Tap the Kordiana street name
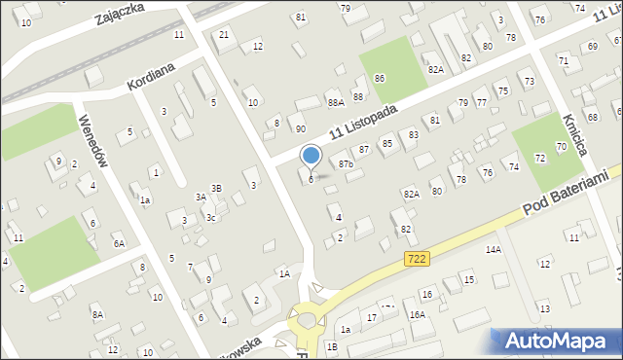[x=150, y=75]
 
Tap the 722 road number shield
[x=417, y=258]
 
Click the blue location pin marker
[x=311, y=157]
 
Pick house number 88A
[x=336, y=102]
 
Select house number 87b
[x=346, y=164]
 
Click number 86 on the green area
[x=380, y=78]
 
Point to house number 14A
[x=493, y=250]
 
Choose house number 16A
[x=417, y=314]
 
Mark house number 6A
[x=119, y=244]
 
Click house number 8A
[x=97, y=314]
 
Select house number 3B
[x=217, y=188]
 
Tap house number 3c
[x=210, y=218]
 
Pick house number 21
[x=225, y=35]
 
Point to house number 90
[x=301, y=128]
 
